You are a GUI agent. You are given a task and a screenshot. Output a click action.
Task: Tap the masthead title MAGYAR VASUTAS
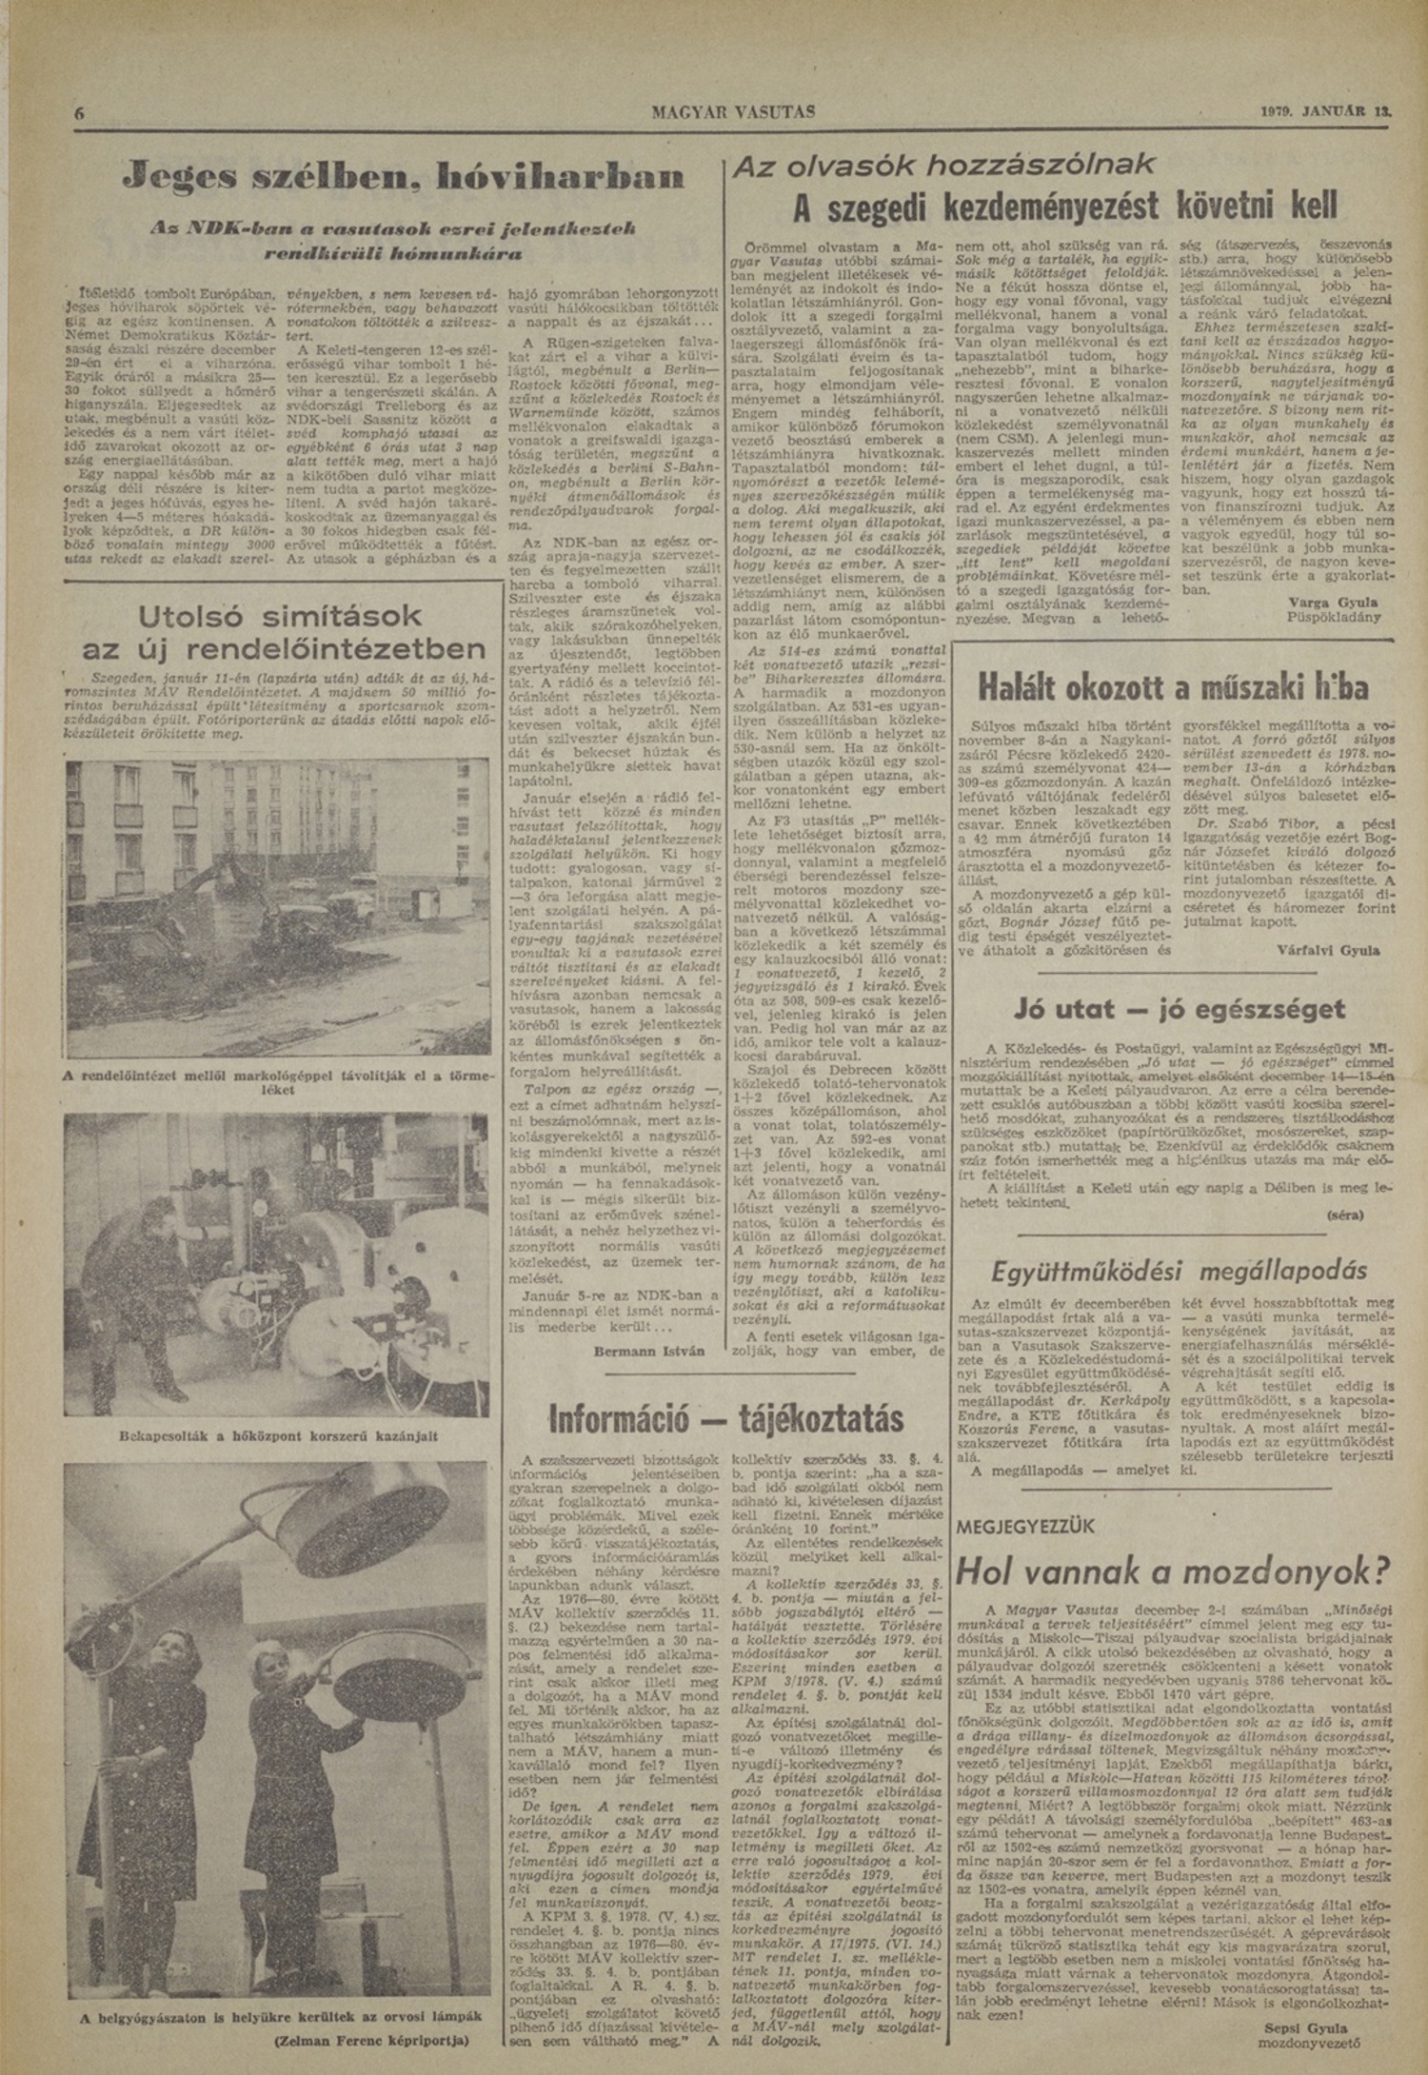tap(733, 111)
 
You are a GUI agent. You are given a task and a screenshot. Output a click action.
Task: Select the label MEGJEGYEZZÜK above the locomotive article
tap(1024, 1526)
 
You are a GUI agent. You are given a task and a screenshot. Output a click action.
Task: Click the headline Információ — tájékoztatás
tap(726, 1418)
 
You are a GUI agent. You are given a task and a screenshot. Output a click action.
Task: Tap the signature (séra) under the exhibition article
tap(1343, 1215)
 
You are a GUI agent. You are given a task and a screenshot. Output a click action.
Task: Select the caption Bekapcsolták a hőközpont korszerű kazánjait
tap(279, 1435)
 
